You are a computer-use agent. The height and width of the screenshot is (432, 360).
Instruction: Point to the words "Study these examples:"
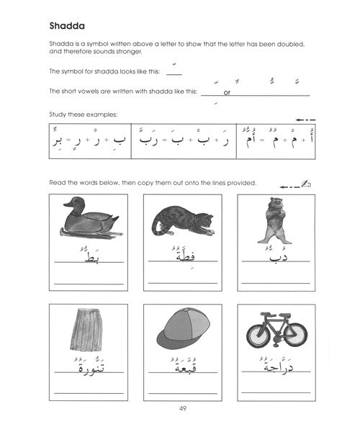pos(82,114)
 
